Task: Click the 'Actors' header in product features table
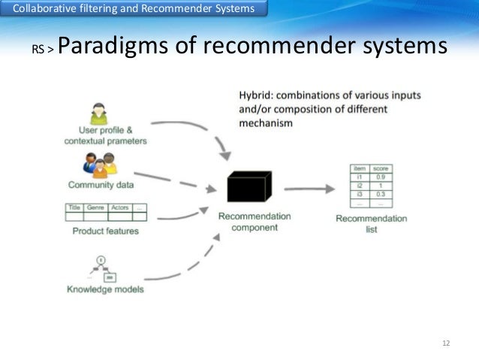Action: (x=120, y=207)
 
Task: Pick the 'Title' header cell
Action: (x=74, y=207)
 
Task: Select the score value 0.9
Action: (x=380, y=177)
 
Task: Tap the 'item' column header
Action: (x=360, y=169)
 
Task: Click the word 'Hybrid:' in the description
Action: (x=257, y=95)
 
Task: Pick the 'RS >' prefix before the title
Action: (x=42, y=50)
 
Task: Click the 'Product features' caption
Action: (x=105, y=231)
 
